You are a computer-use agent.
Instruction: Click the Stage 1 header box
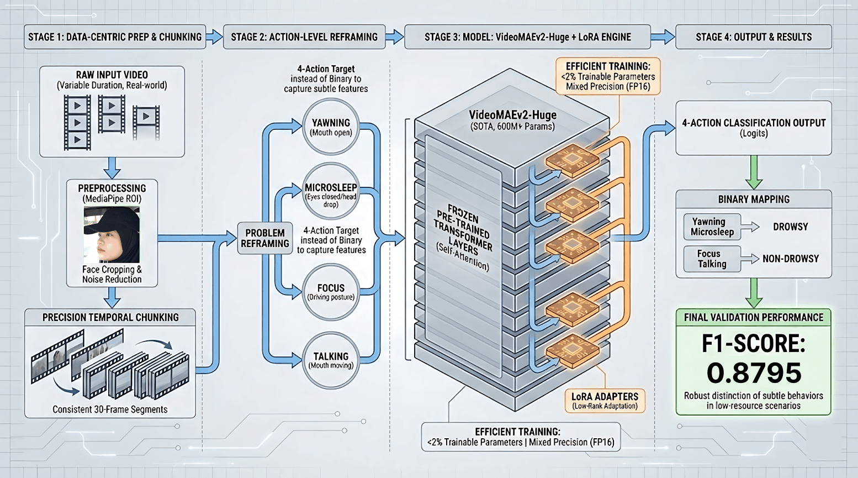115,37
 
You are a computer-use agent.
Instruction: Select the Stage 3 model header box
527,37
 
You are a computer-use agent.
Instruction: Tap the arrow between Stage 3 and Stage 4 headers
662,37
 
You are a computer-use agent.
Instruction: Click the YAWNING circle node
331,127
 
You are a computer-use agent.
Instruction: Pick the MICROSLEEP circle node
331,191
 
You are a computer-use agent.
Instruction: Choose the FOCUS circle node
331,292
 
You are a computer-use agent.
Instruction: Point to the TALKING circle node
331,360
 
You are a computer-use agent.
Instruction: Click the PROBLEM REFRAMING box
265,238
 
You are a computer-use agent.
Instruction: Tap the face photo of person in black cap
112,235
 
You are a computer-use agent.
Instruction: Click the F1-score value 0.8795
754,373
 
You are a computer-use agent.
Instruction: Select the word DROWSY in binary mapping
790,227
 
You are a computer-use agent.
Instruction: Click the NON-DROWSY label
790,259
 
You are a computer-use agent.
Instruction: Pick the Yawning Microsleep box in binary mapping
712,227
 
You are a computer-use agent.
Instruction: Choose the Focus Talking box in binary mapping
712,259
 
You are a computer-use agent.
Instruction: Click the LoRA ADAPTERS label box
605,401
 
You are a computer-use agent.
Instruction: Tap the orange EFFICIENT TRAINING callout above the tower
607,76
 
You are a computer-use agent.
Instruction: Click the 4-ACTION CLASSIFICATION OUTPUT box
754,128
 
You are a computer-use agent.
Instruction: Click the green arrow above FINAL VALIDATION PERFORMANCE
754,293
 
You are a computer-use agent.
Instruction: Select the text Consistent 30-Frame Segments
110,409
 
